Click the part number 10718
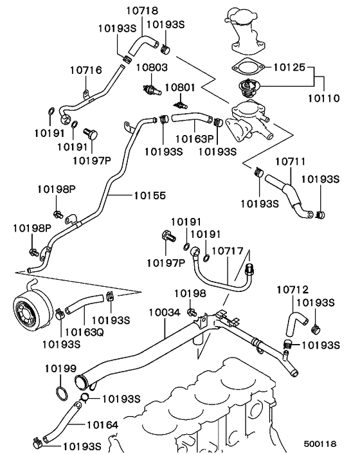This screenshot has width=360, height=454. click(141, 11)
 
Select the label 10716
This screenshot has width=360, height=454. click(84, 69)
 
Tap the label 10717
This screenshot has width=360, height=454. click(228, 250)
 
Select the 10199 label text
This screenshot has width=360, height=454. click(61, 368)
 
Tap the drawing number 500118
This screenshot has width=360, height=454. click(319, 444)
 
